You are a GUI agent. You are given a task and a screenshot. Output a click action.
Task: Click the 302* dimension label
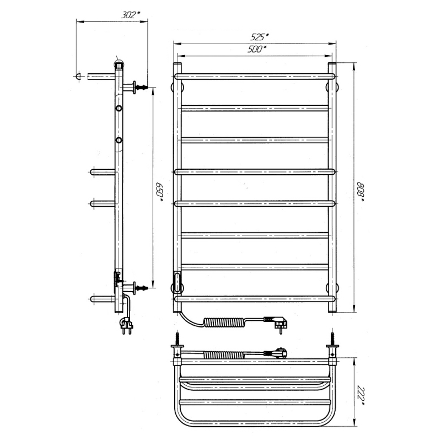pos(131,15)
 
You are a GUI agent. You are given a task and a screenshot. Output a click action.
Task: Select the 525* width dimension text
pos(260,37)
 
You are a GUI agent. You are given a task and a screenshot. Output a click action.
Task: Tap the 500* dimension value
pos(257,49)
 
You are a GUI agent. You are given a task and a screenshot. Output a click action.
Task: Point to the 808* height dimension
pos(361,192)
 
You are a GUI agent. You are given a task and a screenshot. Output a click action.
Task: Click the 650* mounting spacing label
pos(159,192)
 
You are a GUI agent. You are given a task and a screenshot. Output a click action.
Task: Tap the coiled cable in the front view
pos(224,322)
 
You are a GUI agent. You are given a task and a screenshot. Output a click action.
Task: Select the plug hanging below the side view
pos(127,325)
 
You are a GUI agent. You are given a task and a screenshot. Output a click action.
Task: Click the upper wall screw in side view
pos(142,87)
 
